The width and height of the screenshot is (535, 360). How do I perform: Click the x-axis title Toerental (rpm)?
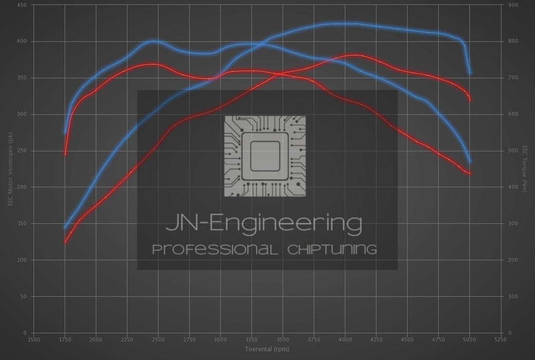click(x=267, y=349)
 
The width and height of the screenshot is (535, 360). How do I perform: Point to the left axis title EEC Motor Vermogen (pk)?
click(x=10, y=169)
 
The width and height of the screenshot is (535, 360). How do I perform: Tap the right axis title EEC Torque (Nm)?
click(x=525, y=169)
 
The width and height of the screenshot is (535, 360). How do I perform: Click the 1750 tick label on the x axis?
click(x=65, y=340)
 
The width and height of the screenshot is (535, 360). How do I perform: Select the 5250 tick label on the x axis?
click(x=500, y=340)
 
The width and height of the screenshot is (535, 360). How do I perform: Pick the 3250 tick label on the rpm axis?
click(x=251, y=340)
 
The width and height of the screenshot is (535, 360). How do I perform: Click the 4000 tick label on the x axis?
click(x=345, y=340)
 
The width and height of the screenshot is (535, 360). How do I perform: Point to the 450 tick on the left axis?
click(x=22, y=5)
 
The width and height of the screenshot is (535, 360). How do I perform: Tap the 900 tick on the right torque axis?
click(x=513, y=5)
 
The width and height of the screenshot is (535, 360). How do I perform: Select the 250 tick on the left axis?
click(x=22, y=151)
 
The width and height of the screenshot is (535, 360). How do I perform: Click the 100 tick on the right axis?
click(x=513, y=296)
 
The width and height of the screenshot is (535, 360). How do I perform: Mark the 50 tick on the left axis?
click(x=24, y=296)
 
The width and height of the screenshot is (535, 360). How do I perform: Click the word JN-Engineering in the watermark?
click(x=264, y=223)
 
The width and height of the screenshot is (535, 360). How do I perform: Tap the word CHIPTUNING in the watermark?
click(x=332, y=250)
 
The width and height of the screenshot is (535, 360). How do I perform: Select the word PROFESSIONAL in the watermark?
click(x=215, y=250)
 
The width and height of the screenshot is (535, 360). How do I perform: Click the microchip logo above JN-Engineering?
click(x=265, y=156)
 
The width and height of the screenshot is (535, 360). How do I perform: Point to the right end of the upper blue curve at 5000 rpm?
click(x=470, y=73)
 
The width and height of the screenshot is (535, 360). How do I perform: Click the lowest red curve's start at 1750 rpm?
click(x=65, y=241)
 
